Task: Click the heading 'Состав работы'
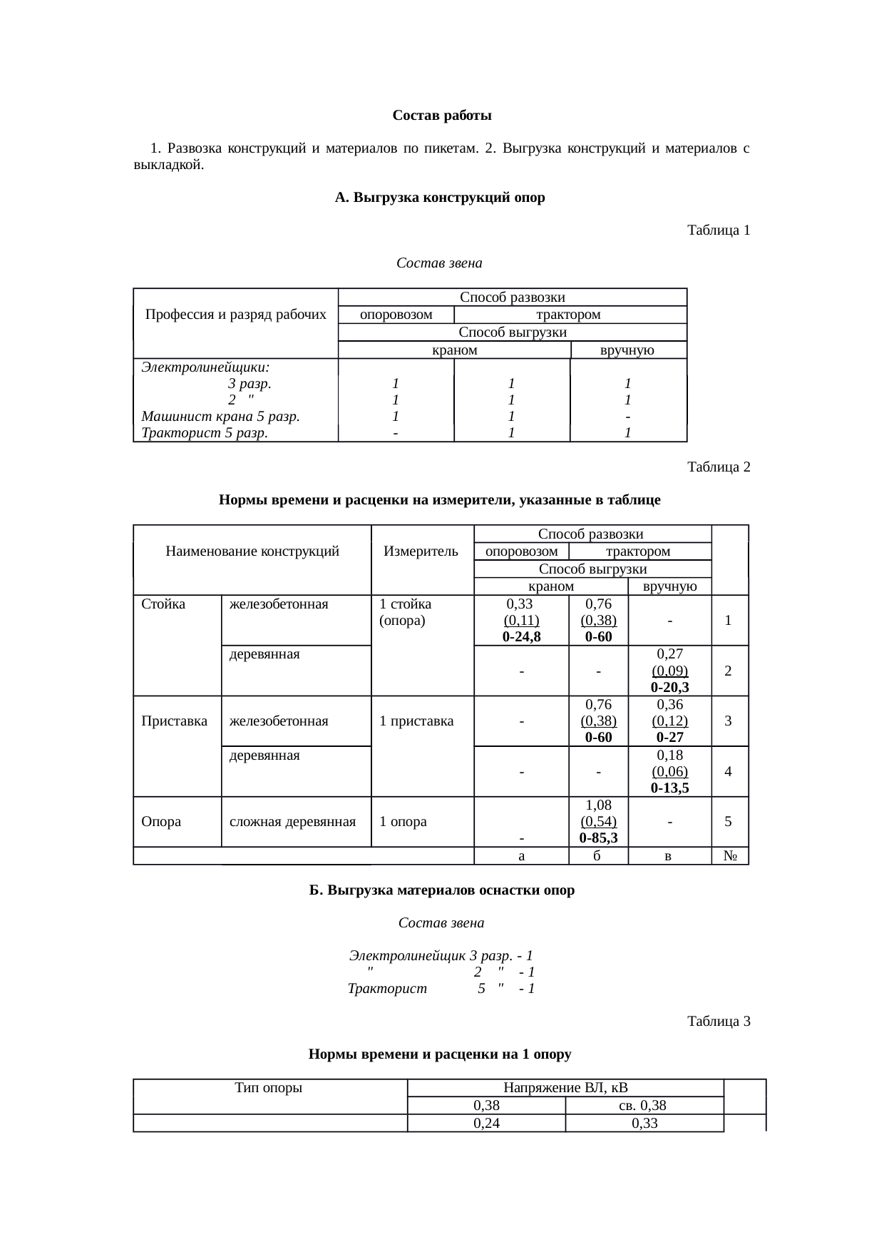pos(441,116)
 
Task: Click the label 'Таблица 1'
pos(718,230)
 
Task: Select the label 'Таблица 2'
pos(718,467)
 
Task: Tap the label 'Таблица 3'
pos(718,1022)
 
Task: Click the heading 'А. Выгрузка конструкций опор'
pos(440,198)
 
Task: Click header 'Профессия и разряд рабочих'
pos(236,315)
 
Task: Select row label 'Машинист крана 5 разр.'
pos(220,416)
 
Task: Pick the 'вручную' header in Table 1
pos(627,350)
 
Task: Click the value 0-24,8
pos(521,637)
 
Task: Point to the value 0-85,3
pos(598,838)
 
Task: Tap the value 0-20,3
pos(669,688)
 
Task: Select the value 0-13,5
pos(669,788)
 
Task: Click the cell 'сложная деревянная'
pos(292,822)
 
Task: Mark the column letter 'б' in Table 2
pos(597,856)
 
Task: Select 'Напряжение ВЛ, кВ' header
pos(565,1088)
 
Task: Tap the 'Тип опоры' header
pos(269,1088)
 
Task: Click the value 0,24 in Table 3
pos(486,1124)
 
